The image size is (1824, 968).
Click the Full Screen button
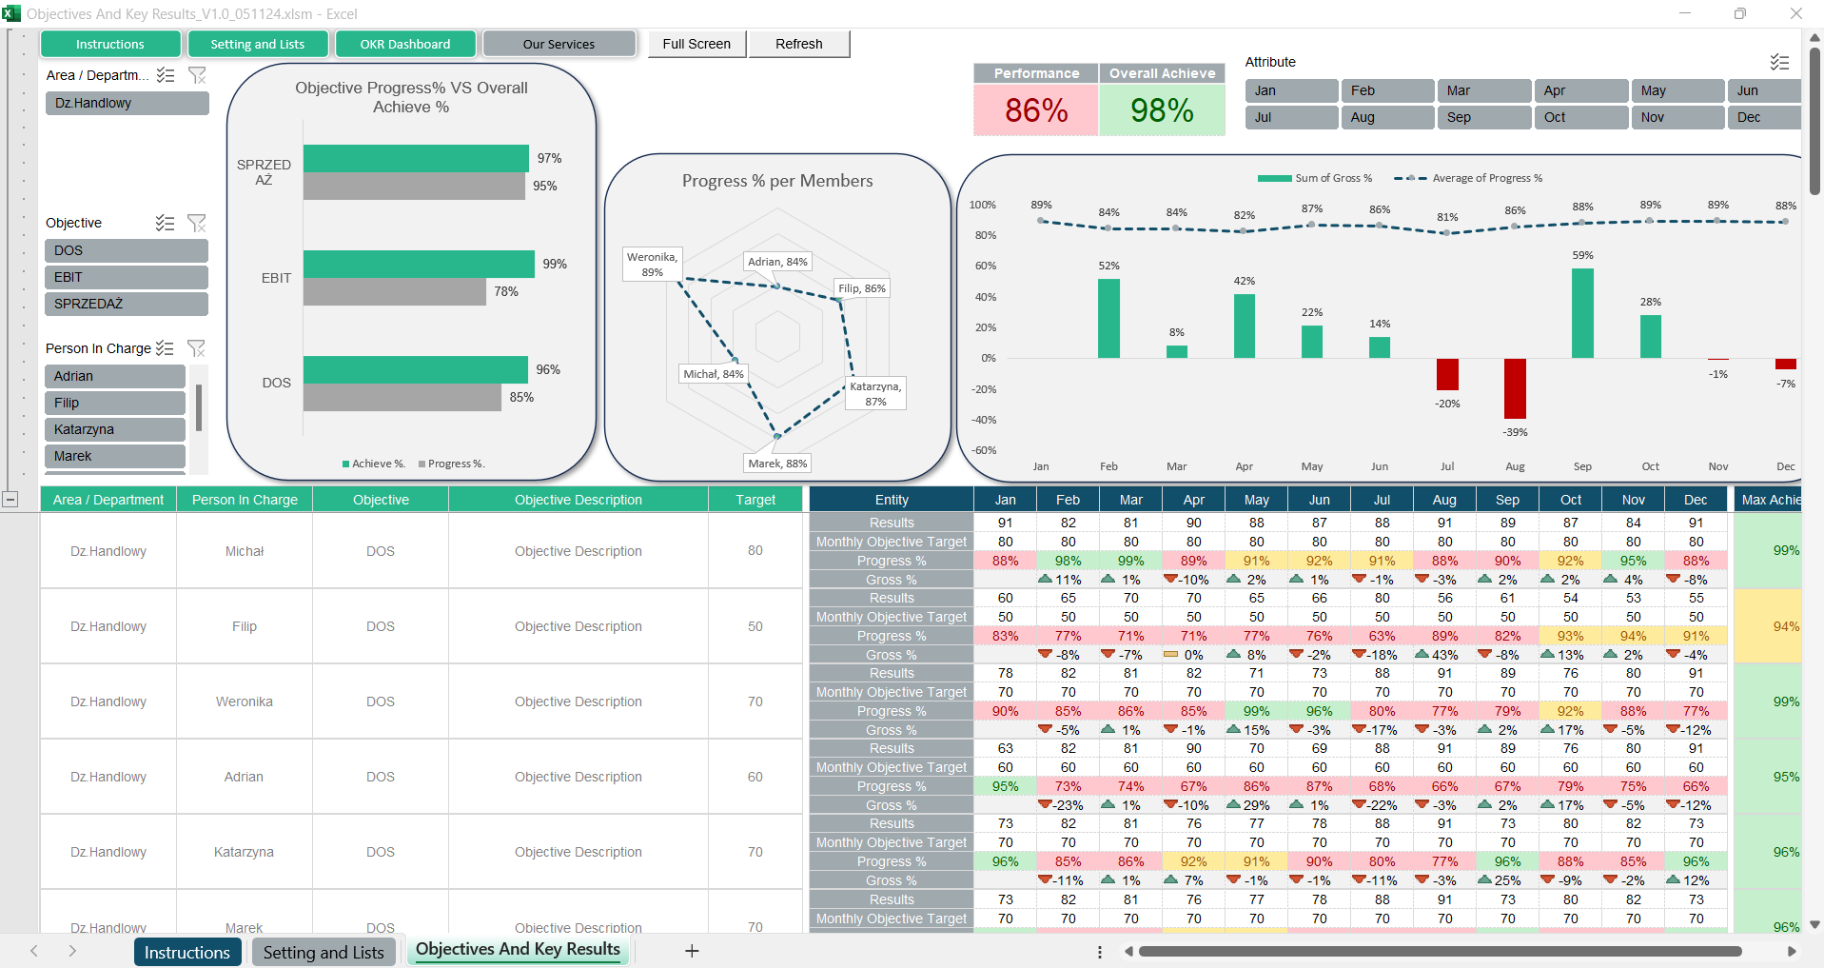(x=696, y=44)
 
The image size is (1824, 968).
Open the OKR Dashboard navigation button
(x=404, y=44)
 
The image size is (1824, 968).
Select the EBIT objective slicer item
(x=126, y=277)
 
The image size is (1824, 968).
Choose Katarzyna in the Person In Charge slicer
(x=114, y=429)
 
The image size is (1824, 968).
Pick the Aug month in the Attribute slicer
(x=1386, y=117)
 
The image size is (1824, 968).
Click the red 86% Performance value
(x=1035, y=110)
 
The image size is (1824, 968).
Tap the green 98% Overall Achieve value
(x=1161, y=110)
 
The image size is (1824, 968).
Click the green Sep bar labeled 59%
(x=1582, y=313)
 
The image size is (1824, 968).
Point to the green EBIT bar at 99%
(x=419, y=264)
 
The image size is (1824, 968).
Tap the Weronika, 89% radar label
(x=652, y=265)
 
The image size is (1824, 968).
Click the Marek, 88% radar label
(x=777, y=464)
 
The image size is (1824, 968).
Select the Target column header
(x=755, y=500)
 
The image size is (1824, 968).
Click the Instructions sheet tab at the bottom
(x=186, y=952)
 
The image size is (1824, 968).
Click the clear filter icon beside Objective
(x=197, y=223)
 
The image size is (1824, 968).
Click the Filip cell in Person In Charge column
(x=245, y=626)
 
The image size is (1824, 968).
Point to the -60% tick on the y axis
(x=984, y=450)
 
